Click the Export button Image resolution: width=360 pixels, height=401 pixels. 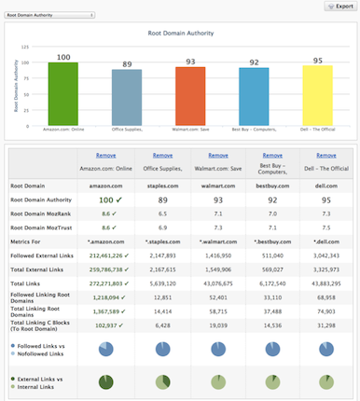pos(339,6)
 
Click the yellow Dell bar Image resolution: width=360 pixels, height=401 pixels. pos(317,94)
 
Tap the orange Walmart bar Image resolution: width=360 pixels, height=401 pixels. pos(190,95)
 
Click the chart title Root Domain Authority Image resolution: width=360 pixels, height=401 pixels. pos(182,33)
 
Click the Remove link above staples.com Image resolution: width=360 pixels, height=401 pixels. pos(162,156)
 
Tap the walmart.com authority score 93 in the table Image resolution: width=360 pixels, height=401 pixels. pos(215,199)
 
